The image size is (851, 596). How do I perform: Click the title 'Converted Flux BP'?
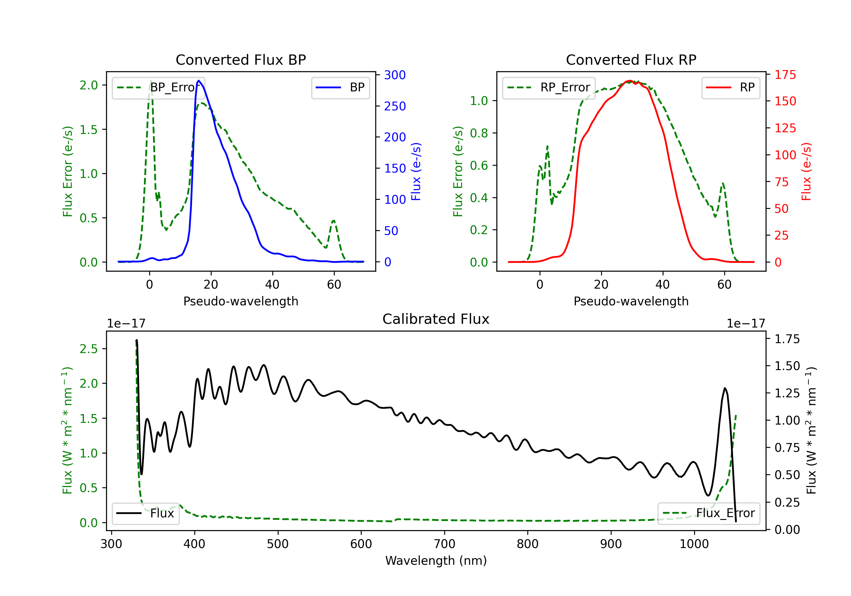(241, 60)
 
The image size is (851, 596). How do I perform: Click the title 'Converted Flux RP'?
(631, 60)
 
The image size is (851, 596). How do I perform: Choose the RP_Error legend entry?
(549, 87)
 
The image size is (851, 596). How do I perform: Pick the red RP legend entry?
(730, 87)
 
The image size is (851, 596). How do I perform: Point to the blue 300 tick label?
(395, 75)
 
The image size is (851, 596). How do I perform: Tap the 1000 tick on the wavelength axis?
(694, 544)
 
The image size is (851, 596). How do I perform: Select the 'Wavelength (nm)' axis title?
(436, 561)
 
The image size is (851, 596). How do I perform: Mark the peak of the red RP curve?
(630, 81)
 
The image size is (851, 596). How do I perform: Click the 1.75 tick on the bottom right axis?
(787, 339)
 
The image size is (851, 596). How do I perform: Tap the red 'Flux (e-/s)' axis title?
(806, 172)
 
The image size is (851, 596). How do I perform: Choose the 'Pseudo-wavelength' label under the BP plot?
(241, 301)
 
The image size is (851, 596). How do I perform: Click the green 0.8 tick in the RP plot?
(479, 133)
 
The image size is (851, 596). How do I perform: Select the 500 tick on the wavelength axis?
(278, 544)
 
